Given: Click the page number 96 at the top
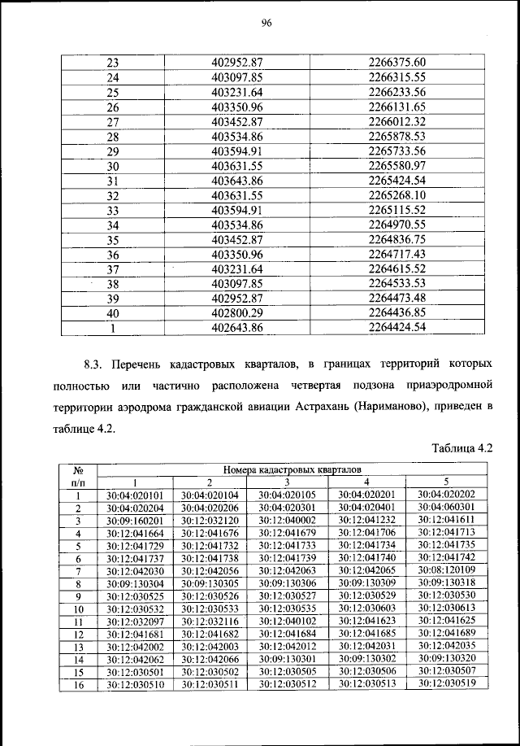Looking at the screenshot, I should tap(266, 23).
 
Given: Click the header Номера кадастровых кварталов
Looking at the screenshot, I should tap(290, 469).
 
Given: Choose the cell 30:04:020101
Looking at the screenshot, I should tap(135, 495).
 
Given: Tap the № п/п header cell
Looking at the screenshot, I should tap(80, 475).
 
